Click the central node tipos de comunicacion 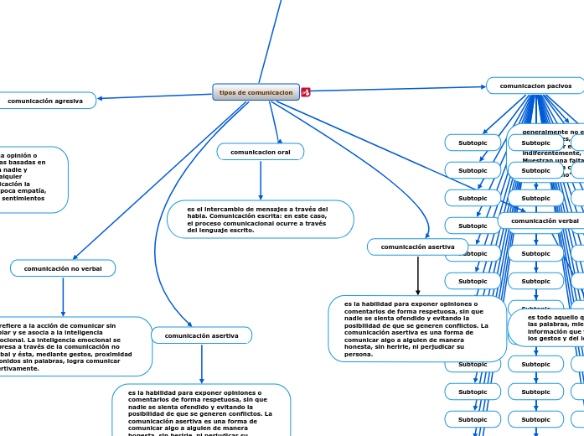(256, 92)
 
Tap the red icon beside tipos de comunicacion (306, 92)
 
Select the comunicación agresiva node (45, 101)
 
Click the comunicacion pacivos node (535, 86)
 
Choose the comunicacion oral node (261, 152)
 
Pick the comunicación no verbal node (63, 268)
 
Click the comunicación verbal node (545, 221)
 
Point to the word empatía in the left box (29, 190)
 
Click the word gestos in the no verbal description (86, 354)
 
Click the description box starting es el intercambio (261, 219)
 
